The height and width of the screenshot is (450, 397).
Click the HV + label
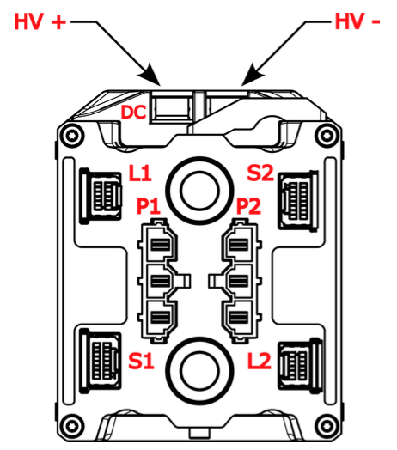point(39,22)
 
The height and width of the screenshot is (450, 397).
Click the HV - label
point(357,22)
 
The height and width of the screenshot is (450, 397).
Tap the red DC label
point(134,112)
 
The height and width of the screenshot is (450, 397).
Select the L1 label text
point(141,173)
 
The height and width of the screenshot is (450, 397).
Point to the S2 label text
point(260,173)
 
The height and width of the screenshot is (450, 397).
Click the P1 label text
point(148,207)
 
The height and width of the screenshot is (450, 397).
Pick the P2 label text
point(248,207)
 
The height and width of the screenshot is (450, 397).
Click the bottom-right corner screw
point(325,424)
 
